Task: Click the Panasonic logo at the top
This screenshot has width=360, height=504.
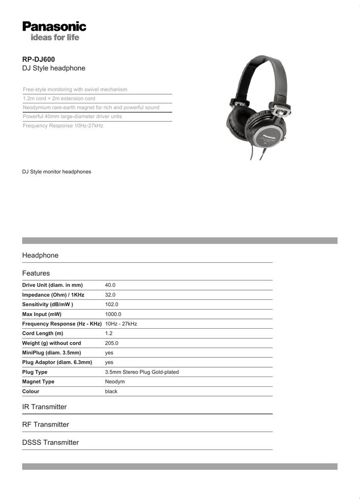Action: point(54,26)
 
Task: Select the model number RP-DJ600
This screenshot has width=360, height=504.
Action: point(38,60)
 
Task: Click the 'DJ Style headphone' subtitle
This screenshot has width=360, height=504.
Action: point(54,68)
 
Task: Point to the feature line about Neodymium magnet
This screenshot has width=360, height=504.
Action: point(91,107)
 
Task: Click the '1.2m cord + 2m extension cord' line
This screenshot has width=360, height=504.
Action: point(59,98)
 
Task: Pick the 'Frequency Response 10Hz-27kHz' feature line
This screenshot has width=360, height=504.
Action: point(63,126)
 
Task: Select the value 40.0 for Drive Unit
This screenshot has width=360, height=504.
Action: point(110,285)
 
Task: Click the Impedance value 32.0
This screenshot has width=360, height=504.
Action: point(110,295)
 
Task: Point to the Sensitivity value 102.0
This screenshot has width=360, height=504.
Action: point(112,305)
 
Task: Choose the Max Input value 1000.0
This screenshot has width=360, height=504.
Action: point(113,314)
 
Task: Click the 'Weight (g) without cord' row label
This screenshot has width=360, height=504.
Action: point(52,343)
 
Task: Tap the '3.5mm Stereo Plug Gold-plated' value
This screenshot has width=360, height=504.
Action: point(142,372)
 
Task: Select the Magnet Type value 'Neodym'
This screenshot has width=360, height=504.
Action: point(115,381)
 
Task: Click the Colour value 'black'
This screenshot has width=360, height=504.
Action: point(111,391)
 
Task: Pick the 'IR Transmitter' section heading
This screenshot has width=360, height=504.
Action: point(44,407)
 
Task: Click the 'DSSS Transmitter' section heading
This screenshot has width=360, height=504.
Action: point(50,442)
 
